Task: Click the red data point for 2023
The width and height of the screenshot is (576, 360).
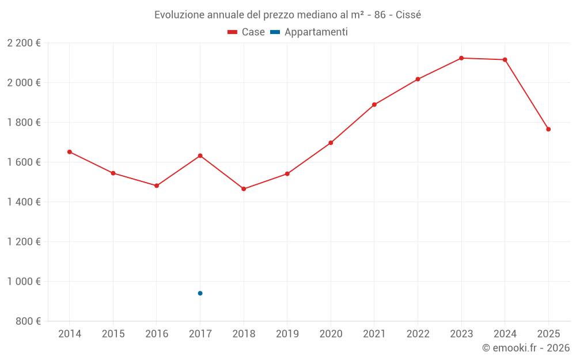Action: point(461,58)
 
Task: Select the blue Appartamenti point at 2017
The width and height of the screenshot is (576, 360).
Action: point(200,293)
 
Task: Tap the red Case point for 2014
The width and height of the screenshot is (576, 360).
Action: point(70,152)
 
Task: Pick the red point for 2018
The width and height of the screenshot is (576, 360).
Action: point(244,189)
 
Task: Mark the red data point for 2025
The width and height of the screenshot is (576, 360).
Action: point(548,129)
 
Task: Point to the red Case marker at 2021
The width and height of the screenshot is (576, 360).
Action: point(374,105)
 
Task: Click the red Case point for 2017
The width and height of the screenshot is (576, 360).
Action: point(200,156)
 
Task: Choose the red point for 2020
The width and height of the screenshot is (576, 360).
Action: point(331,143)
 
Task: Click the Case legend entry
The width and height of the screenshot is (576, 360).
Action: point(247,32)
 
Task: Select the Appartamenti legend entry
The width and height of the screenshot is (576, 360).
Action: point(309,32)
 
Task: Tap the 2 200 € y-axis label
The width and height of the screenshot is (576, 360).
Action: point(24,43)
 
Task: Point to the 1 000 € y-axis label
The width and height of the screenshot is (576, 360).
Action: point(24,282)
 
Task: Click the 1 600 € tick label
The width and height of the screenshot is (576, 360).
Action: point(24,162)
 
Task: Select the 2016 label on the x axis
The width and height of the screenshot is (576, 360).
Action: point(157,334)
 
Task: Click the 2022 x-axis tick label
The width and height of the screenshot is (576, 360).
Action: point(418,334)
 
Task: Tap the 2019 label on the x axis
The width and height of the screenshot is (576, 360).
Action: point(287,334)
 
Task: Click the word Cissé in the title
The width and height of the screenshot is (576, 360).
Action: point(408,15)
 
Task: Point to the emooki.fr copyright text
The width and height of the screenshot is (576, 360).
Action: point(525,348)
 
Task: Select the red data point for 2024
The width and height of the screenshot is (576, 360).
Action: point(505,60)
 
